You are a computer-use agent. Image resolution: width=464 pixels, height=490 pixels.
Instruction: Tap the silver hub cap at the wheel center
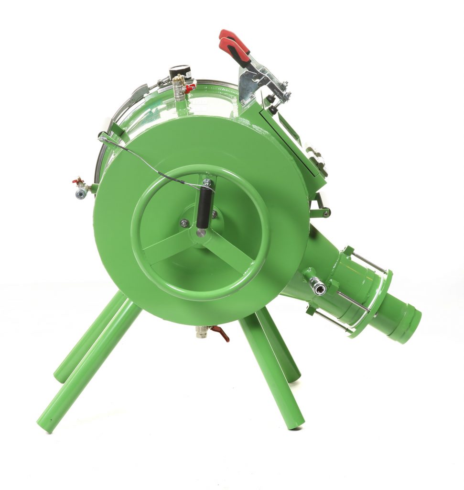click(x=202, y=233)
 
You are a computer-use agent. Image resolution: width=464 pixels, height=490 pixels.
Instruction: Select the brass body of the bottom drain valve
click(x=203, y=331)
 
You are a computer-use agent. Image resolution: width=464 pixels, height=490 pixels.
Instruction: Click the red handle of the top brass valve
click(x=190, y=88)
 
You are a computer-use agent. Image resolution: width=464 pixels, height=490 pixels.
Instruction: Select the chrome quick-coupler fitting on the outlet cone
click(x=317, y=286)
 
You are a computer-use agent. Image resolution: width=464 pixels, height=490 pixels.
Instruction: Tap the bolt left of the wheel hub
click(x=184, y=223)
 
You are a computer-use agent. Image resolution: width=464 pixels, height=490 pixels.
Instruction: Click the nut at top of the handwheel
click(x=207, y=182)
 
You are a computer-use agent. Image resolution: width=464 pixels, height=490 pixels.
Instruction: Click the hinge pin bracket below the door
click(x=320, y=210)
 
